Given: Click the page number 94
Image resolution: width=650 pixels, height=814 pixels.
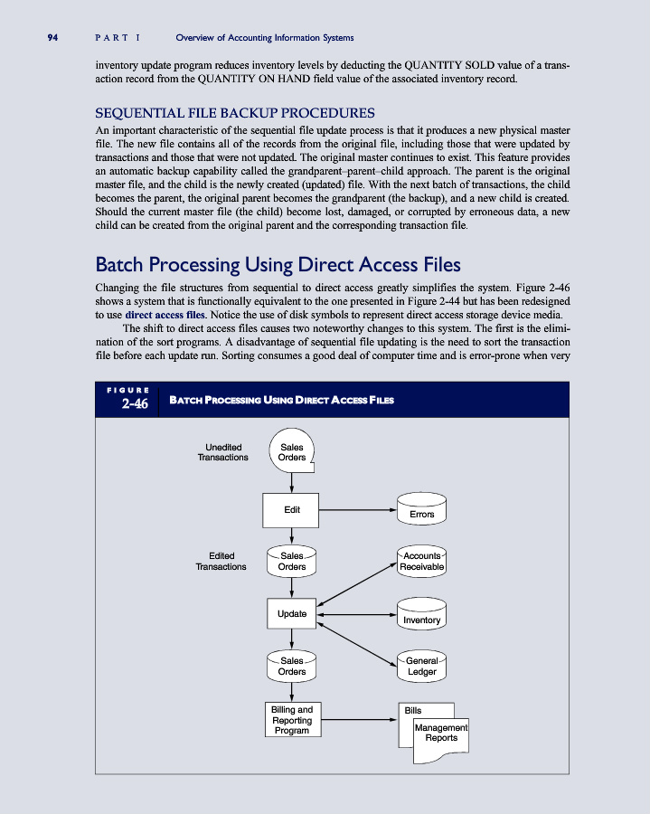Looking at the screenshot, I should pos(52,37).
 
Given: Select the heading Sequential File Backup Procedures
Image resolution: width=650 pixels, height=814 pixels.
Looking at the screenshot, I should pos(235,113).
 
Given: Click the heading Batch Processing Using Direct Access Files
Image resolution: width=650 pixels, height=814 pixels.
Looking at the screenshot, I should pos(278,265).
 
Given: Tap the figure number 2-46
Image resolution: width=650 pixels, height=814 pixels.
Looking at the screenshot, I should pos(135,404).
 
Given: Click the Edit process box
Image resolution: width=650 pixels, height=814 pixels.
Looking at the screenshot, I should pos(291,510).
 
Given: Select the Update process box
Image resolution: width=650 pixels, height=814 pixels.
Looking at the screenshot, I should pos(291,614).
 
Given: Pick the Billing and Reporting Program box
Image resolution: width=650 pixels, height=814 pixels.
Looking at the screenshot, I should pos(292,720).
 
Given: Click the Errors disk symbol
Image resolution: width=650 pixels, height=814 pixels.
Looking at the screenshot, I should pos(421,510).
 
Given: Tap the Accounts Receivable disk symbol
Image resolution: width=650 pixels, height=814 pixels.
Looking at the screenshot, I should pos(421,562).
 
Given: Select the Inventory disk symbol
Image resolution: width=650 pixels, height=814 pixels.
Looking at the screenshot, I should pos(421,615).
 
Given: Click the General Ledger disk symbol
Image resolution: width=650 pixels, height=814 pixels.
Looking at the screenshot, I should pos(421,667).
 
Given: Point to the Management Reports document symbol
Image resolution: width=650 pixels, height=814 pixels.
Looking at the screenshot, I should pos(441,734).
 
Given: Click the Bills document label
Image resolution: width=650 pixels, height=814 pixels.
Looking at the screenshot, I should pos(411,711).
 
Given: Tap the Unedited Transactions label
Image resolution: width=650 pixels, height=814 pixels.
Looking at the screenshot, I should pos(222,452).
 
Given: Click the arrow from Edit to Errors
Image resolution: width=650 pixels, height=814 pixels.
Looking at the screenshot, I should pos(358,510).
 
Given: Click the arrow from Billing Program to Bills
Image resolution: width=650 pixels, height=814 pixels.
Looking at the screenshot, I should pos(359,720).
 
